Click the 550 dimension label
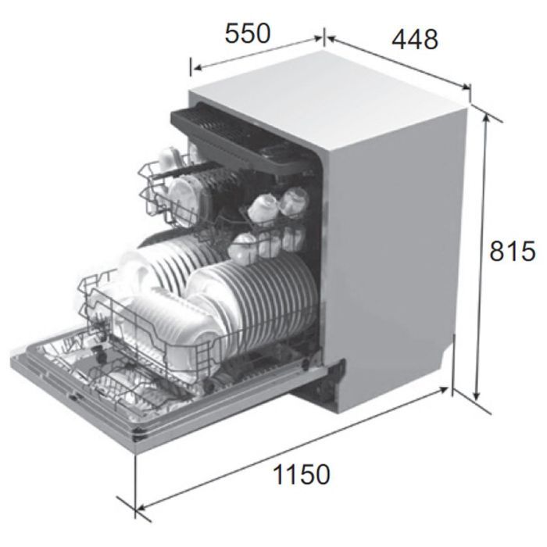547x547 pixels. pos(248,34)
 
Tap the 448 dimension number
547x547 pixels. pos(415,39)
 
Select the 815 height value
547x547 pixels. pos(512,251)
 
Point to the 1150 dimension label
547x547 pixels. pos(302,474)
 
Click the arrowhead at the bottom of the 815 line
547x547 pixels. pos(477,396)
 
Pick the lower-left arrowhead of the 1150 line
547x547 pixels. pos(141,508)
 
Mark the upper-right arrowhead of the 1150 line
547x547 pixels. pos(443,389)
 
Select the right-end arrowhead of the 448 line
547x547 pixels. pos(466,86)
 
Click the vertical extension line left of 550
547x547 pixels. pos(191,66)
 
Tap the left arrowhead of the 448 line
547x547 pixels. pos(331,39)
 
